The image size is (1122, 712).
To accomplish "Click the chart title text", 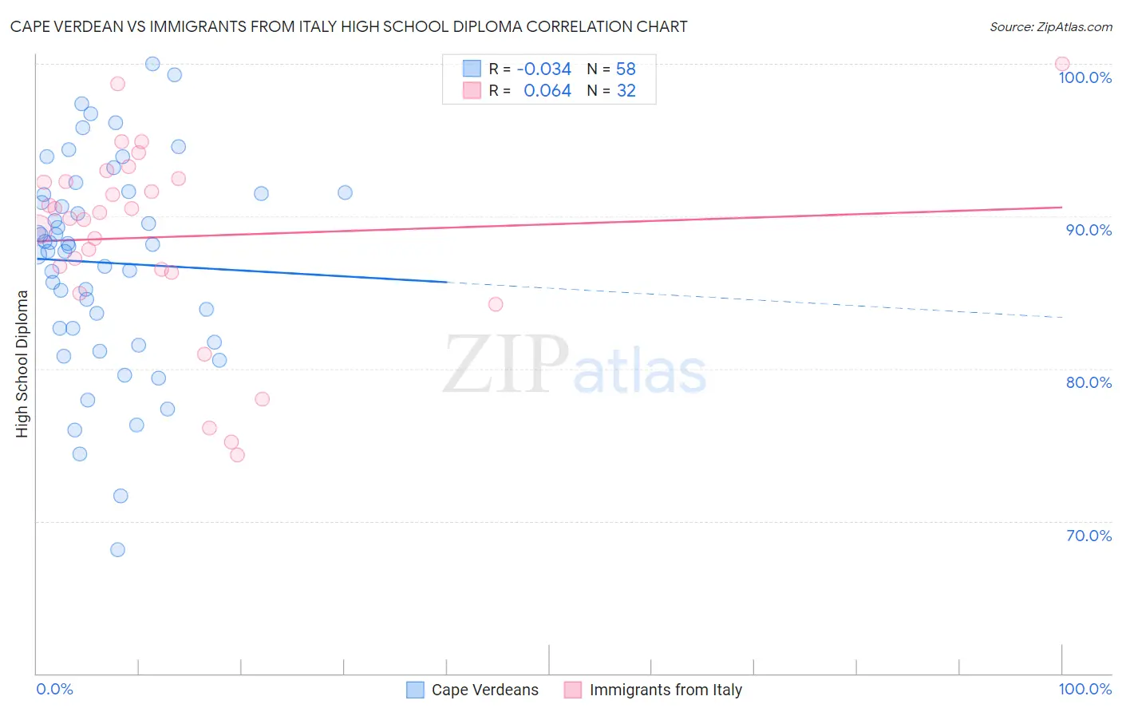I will (349, 26).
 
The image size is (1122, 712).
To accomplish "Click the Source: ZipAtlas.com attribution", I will (1050, 26).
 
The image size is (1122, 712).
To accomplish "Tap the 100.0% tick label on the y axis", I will (1084, 77).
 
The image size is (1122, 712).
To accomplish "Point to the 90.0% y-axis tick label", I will (1088, 230).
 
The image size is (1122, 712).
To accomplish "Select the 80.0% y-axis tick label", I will (1088, 382).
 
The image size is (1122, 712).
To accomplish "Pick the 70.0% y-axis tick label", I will (1088, 536).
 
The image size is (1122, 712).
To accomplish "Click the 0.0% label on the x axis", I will (54, 689).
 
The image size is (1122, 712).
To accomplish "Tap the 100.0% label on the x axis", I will (1084, 689).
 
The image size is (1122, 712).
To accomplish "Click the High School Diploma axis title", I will (22, 364).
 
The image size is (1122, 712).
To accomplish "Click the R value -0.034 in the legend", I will (543, 69).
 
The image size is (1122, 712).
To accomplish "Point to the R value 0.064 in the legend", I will (547, 91).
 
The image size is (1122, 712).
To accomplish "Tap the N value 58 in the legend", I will (626, 69).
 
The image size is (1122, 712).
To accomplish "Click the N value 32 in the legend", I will (626, 91).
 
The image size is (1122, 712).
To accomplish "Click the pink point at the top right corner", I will (1061, 64).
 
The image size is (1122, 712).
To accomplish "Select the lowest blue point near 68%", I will (117, 549).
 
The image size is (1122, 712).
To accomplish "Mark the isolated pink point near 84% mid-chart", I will (495, 304).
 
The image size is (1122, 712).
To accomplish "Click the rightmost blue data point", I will (345, 192).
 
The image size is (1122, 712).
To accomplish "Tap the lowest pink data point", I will (237, 455).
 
